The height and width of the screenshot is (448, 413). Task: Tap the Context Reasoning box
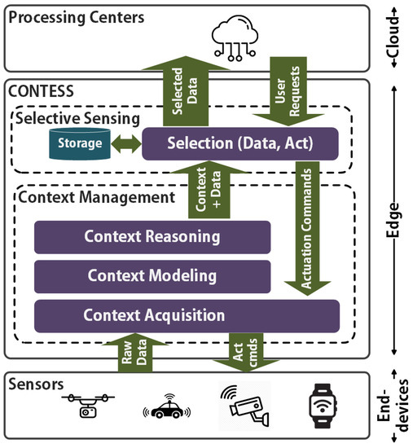(x=152, y=238)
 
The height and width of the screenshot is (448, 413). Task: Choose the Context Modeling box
(x=152, y=276)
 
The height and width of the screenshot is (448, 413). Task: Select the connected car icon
(x=166, y=410)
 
